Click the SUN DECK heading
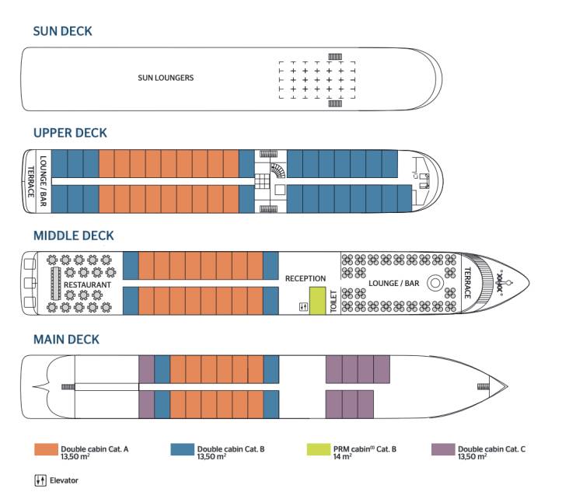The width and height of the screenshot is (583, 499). coord(62,31)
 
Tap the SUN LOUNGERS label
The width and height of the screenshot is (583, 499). coord(166,78)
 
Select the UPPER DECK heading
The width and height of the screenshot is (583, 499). coord(70,133)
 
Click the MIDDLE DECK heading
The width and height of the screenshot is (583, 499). coord(73,236)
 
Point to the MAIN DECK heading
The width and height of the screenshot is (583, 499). coord(66,340)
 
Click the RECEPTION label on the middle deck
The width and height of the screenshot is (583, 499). coord(305,278)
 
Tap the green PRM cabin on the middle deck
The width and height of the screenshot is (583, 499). coord(317,300)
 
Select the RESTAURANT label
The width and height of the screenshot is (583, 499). coord(88,285)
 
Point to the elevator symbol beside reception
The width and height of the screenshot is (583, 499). coord(303,307)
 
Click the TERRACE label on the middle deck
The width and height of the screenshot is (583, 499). coord(467,284)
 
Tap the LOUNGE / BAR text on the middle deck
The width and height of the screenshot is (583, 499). coord(393,284)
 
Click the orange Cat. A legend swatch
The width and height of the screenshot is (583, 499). coord(46,450)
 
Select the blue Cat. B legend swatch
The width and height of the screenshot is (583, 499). coord(182,450)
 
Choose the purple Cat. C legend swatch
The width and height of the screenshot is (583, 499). coord(443,450)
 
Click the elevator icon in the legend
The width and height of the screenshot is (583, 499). coord(41,480)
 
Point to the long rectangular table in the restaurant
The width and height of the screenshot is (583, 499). coord(56,284)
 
